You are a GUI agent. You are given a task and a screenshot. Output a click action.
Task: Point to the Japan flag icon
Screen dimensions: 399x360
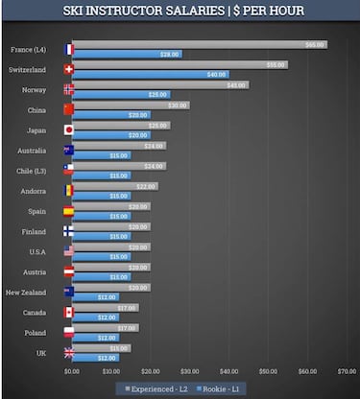tap(68, 129)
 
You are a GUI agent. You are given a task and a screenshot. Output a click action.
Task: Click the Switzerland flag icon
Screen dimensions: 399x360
tap(68, 69)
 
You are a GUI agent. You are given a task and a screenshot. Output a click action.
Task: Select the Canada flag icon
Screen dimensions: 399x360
tap(68, 312)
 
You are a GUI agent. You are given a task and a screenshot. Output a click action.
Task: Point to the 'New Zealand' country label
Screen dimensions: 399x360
tap(26, 292)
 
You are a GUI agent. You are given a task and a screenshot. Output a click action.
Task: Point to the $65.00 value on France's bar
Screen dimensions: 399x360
tap(314, 44)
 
